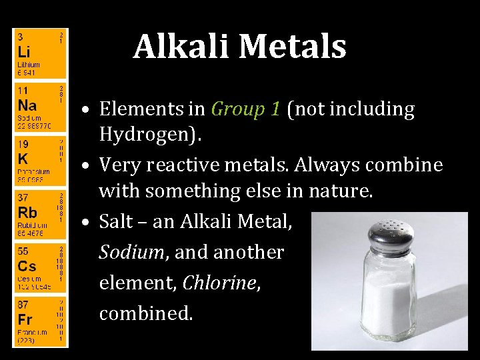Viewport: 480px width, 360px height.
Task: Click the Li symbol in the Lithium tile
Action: (x=23, y=51)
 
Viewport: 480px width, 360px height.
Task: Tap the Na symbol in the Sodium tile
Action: (x=27, y=105)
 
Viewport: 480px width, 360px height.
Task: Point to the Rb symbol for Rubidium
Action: (x=27, y=213)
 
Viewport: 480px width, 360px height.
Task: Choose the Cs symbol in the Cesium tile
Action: (x=27, y=266)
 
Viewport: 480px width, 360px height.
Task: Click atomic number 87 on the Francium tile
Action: (x=22, y=304)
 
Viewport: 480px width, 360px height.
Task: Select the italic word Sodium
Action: (x=130, y=252)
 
